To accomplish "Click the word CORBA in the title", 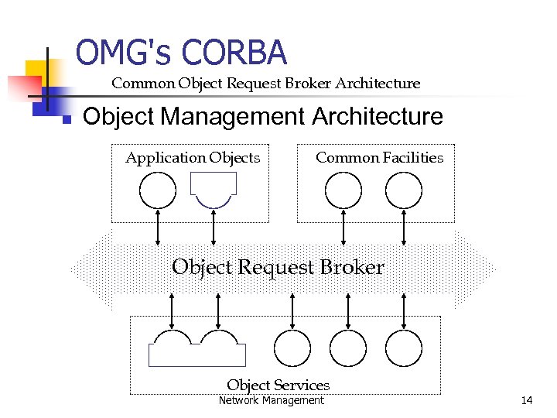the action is click(235, 53).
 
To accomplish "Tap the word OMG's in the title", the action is click(125, 53).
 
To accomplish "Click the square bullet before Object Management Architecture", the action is click(67, 119).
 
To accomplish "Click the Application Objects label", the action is click(193, 158).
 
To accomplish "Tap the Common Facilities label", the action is click(379, 158).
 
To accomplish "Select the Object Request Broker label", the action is click(278, 268).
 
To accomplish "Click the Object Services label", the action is click(278, 385).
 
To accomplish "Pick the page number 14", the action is click(527, 400).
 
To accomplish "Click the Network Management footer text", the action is click(271, 400).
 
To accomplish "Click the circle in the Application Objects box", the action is click(158, 190).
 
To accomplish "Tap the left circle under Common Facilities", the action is click(343, 190).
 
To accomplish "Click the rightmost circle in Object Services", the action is click(404, 348).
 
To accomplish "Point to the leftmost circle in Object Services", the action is click(292, 348).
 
